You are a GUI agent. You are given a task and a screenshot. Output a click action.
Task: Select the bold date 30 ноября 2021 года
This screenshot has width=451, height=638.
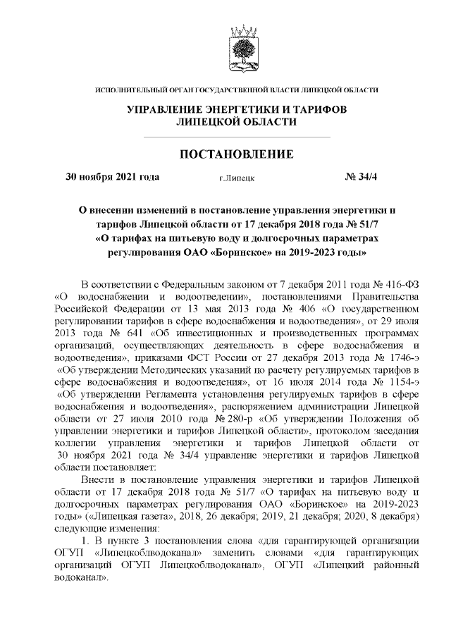coord(112,176)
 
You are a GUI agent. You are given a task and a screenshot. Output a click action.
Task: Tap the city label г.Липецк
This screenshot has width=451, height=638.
coord(237,178)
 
